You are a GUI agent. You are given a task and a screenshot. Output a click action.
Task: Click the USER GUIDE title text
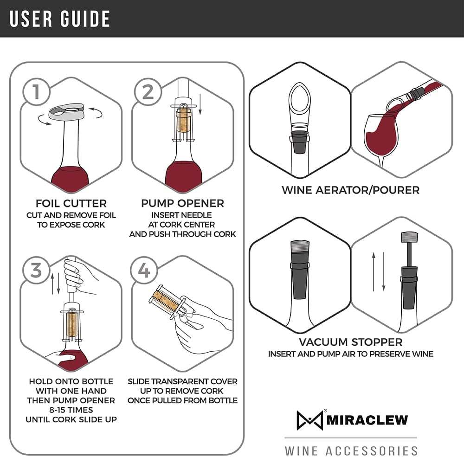(60, 19)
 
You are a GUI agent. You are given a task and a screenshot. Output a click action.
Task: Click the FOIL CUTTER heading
(71, 203)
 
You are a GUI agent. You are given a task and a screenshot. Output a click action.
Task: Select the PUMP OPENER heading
(182, 203)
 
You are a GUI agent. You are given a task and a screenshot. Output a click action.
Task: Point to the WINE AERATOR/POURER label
(350, 190)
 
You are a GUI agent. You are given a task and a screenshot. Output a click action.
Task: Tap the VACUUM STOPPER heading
(350, 342)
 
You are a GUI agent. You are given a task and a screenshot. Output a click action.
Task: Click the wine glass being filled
(380, 135)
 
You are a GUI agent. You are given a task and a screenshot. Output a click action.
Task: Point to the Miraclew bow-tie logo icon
(309, 420)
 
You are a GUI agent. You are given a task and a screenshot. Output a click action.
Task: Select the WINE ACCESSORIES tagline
(351, 450)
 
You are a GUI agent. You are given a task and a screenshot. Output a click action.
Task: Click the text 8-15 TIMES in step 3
(71, 410)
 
